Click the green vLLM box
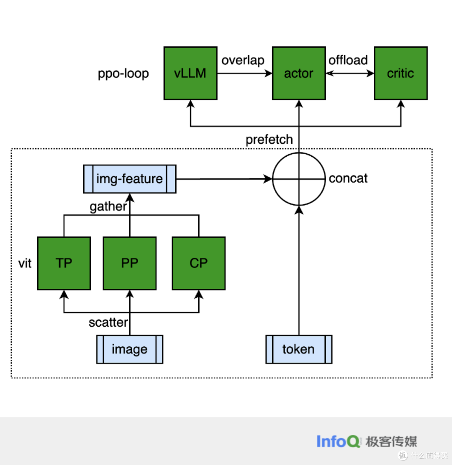[x=190, y=74]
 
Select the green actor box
[x=299, y=74]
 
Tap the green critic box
[x=401, y=74]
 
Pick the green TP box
[x=64, y=263]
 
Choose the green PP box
[x=130, y=263]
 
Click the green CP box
[x=198, y=263]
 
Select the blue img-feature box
[x=130, y=179]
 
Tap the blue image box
[x=130, y=349]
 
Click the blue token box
[x=299, y=349]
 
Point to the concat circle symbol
[x=299, y=179]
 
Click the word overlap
[x=243, y=60]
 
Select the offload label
[x=348, y=60]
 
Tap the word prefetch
[x=269, y=140]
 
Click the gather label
[x=108, y=206]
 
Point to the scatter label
[x=108, y=323]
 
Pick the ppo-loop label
[x=123, y=74]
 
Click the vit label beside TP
[x=25, y=264]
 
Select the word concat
[x=348, y=178]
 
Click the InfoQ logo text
[x=338, y=442]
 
